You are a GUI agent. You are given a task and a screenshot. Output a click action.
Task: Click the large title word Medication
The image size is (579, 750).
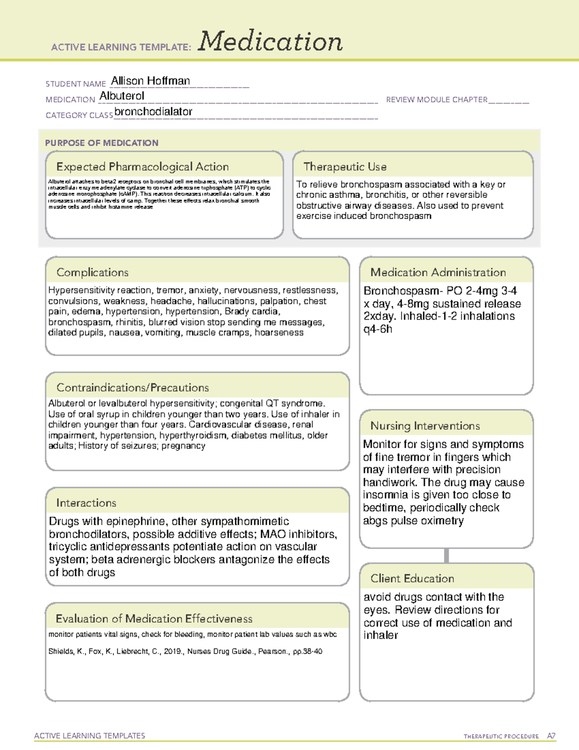coord(270,42)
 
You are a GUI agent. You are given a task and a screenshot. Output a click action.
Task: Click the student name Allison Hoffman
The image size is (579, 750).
coord(151,81)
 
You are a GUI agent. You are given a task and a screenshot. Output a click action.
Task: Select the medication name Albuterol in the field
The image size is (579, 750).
coord(122,96)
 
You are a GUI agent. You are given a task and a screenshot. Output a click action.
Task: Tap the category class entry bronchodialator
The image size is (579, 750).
coord(153,112)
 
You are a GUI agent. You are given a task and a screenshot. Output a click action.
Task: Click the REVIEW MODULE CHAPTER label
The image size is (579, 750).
coord(437,99)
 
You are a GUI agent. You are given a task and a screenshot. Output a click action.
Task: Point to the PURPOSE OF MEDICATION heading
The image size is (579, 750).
coord(101,143)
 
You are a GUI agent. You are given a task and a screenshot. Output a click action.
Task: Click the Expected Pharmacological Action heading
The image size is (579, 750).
coord(142,167)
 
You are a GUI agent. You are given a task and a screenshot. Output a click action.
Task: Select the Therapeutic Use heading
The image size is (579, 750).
coord(345,167)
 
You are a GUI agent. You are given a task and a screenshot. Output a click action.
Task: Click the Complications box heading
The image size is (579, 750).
coord(93,272)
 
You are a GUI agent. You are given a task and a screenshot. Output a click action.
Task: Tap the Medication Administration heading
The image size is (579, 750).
coord(438,272)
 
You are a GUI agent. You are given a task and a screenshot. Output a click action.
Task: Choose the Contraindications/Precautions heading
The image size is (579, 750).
coord(133,387)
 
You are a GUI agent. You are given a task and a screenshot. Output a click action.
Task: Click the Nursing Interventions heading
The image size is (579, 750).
coord(425,426)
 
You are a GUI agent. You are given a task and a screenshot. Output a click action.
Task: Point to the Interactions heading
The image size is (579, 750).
coord(86,503)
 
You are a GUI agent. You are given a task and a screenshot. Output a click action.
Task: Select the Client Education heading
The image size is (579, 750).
coord(412,579)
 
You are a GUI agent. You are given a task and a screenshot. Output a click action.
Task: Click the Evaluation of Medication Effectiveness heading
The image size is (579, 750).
coord(154,619)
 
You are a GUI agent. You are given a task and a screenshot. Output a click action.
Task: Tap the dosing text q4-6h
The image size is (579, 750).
coord(378,329)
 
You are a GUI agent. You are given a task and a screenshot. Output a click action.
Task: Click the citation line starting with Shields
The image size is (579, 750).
coord(185,651)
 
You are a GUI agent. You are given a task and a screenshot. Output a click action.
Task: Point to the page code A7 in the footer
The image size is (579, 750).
coord(551,736)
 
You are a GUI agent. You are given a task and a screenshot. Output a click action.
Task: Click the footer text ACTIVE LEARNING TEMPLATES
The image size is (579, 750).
coord(90,736)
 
